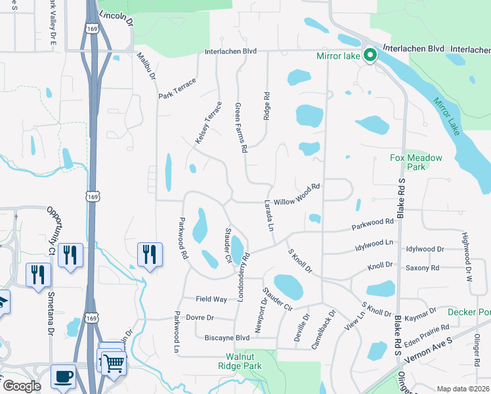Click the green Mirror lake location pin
pyautogui.click(x=370, y=56)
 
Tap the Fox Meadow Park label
pyautogui.click(x=416, y=162)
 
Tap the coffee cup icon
pyautogui.click(x=64, y=377)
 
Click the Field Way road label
pyautogui.click(x=211, y=299)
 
